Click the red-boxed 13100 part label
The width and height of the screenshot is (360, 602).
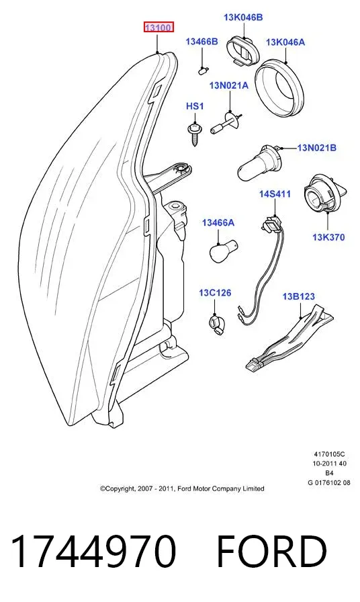[x=159, y=28]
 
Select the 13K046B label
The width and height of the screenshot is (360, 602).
[x=243, y=17]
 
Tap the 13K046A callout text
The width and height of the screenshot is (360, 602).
[x=285, y=42]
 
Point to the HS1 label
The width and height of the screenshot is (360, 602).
[x=195, y=106]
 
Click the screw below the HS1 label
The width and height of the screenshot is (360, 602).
[x=194, y=134]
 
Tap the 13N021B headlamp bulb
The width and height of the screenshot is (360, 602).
[x=260, y=163]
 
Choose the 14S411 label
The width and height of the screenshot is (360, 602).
[x=275, y=194]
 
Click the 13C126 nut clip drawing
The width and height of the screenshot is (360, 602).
[x=217, y=322]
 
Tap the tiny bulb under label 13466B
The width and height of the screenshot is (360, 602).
[x=202, y=71]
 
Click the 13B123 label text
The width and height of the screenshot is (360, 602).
[x=299, y=296]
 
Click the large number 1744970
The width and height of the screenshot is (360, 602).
[x=94, y=552]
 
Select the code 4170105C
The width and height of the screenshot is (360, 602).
[x=329, y=454]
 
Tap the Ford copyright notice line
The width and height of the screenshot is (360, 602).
[x=182, y=488]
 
